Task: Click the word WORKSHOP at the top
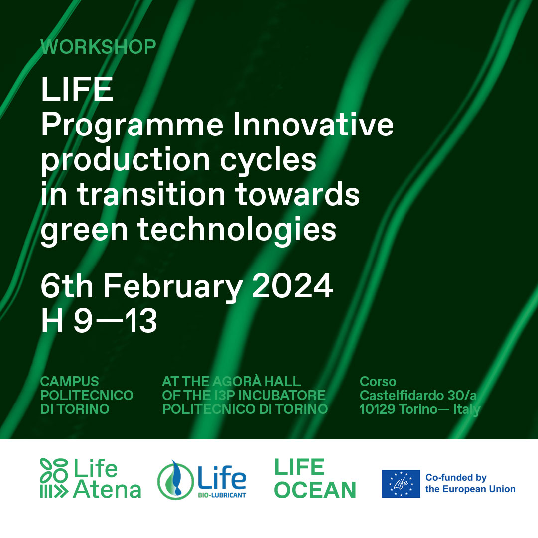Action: coord(99,47)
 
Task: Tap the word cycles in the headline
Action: coord(268,161)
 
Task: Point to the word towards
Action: coord(297,194)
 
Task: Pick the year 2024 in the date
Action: coord(293,286)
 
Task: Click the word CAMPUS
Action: coord(70,381)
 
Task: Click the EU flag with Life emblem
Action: coord(401,484)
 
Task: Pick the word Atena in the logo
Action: coord(107,489)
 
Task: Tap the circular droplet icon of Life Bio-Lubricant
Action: coord(175,480)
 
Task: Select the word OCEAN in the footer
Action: coord(315,490)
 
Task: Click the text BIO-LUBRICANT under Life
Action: coord(222,495)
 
